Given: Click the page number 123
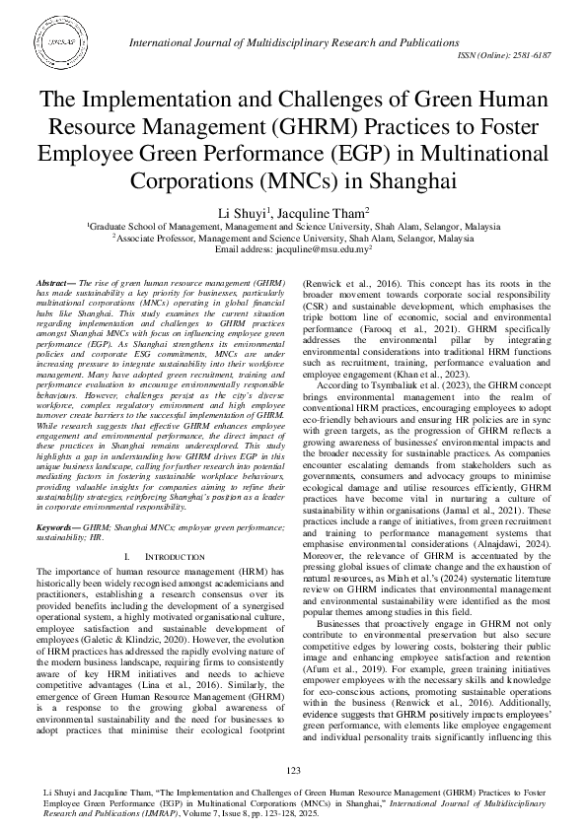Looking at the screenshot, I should pos(293,770).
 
